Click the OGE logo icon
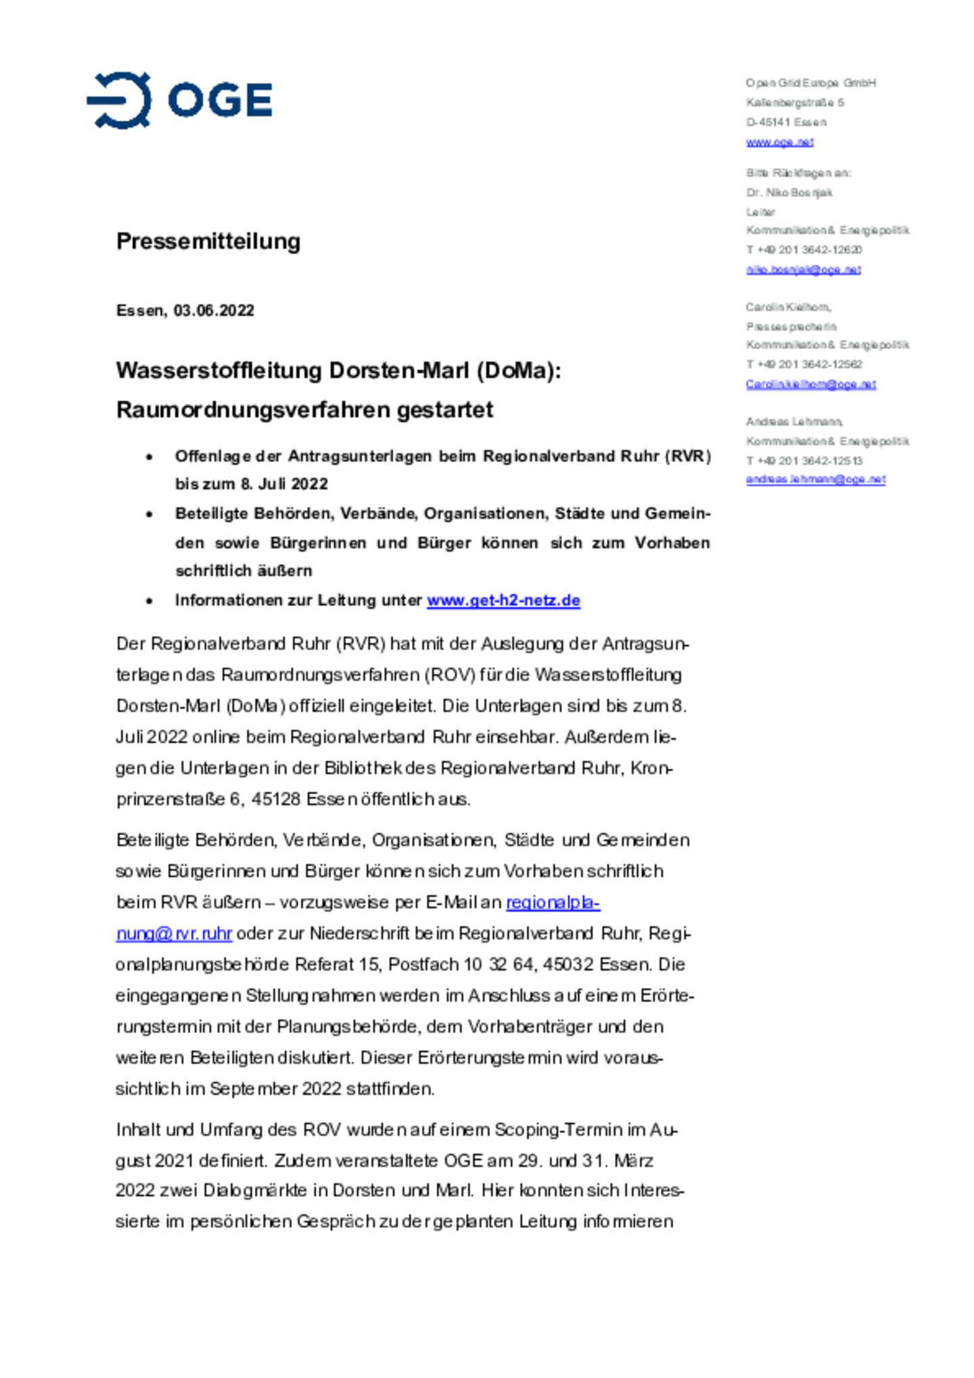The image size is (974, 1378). coord(119,100)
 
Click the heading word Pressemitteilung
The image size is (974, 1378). coord(208,241)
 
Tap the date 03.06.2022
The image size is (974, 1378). coord(214,310)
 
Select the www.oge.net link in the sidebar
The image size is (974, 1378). coord(779,142)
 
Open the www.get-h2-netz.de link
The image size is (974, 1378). coord(503,600)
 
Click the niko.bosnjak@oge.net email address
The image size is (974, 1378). coord(803,270)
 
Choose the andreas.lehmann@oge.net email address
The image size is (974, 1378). coord(815,479)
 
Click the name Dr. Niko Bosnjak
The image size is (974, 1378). coord(789,193)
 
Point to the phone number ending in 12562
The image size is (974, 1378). coord(804,364)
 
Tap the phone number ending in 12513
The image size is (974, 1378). coord(804,461)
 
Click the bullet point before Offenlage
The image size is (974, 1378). coord(149,458)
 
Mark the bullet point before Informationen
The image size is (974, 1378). coord(149,601)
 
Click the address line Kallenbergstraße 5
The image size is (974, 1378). coord(795,103)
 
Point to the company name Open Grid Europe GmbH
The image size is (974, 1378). coord(810,83)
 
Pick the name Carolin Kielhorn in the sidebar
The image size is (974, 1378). coord(787,307)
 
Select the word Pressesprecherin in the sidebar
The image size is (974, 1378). coord(791,327)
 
